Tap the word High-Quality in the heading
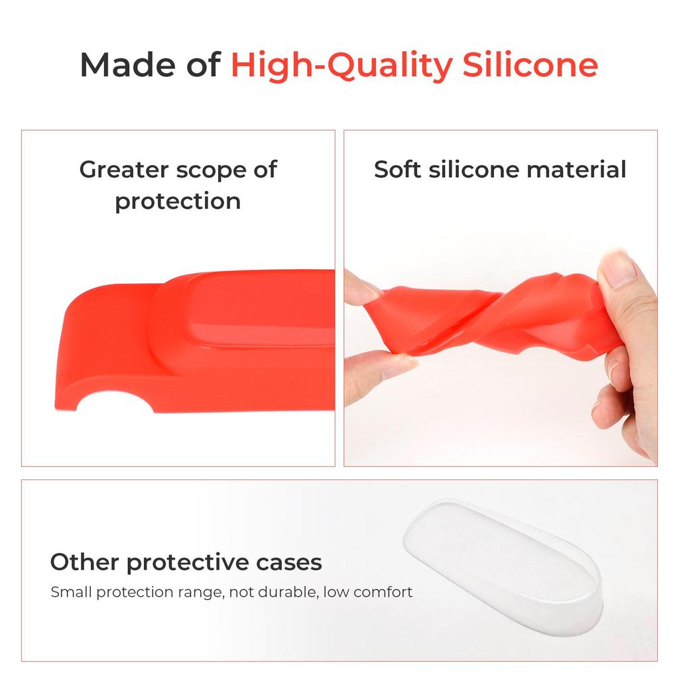[341, 66]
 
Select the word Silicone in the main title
[530, 65]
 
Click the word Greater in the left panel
[124, 170]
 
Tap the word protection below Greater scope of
[178, 202]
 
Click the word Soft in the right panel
[398, 170]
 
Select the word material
[576, 170]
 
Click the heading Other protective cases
[186, 562]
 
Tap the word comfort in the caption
[383, 591]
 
